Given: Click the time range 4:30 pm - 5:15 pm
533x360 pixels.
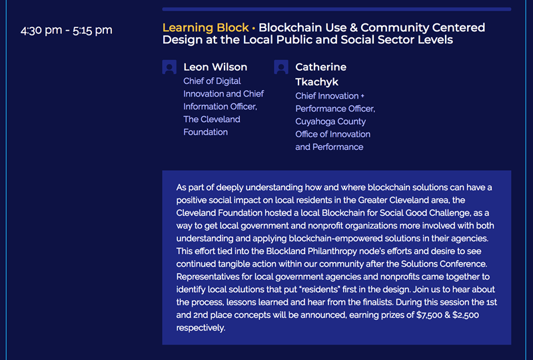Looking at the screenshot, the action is (66, 30).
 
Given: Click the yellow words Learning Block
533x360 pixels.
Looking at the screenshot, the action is (206, 27).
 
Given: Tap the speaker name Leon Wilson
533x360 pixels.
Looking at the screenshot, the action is (215, 67).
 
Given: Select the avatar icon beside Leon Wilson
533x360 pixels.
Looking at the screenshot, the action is (169, 67).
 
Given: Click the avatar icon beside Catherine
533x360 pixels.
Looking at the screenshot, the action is (281, 67).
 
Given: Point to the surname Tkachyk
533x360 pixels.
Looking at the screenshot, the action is (317, 82).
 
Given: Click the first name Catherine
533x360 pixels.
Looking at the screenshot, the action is (321, 67).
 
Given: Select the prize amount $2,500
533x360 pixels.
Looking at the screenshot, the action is (466, 315).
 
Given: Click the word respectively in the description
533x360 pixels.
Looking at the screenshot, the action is (201, 328).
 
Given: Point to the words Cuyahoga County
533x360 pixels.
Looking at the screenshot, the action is (330, 121).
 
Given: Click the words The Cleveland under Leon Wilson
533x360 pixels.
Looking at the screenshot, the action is (212, 119).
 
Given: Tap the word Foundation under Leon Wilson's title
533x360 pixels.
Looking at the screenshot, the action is (206, 132).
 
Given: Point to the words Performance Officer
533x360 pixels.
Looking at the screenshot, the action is (335, 109).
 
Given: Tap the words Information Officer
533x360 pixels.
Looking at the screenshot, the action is (220, 107).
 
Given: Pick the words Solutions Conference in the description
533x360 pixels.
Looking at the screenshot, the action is (444, 264).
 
